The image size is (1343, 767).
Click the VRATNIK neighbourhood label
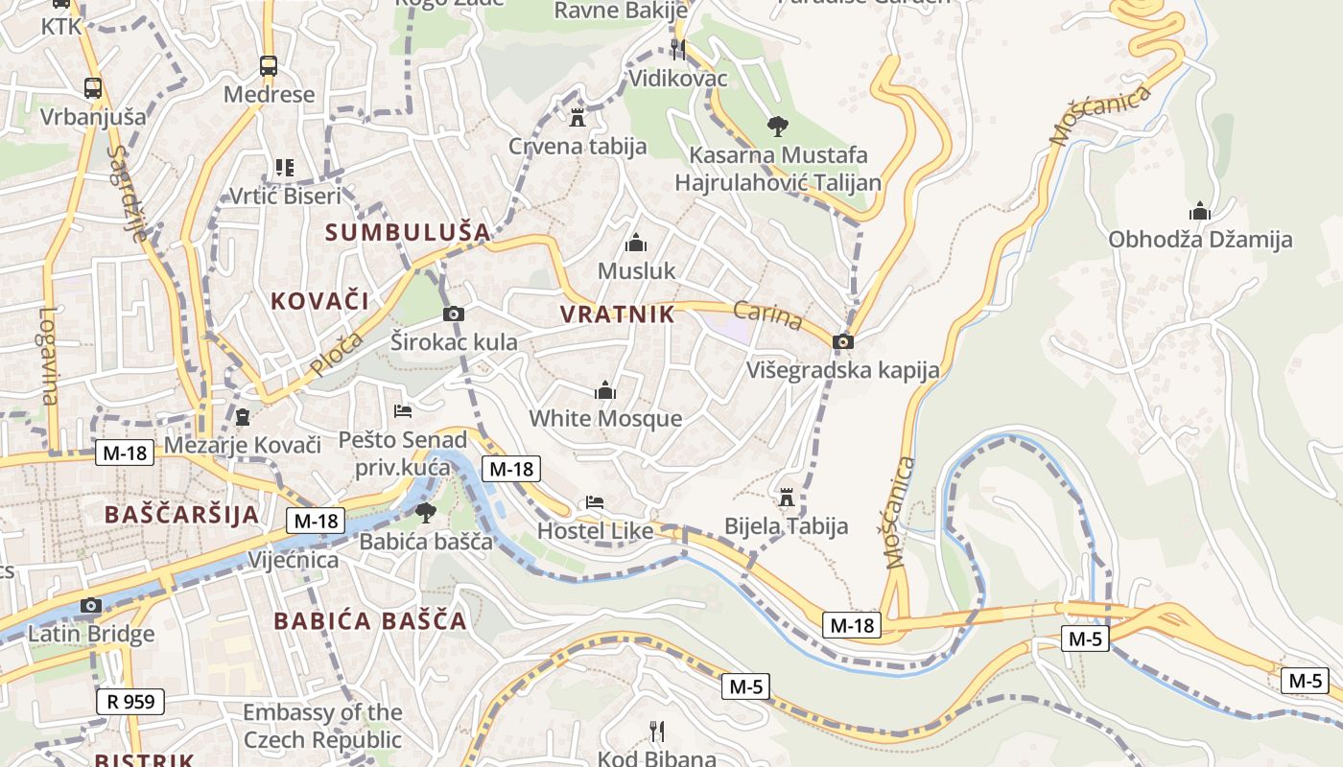tap(617, 314)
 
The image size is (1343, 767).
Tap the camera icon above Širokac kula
tap(454, 314)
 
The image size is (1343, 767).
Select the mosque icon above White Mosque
tap(605, 390)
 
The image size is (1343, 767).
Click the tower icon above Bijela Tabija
tap(787, 497)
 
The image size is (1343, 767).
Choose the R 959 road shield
tap(130, 702)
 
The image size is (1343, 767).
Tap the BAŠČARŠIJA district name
tap(181, 514)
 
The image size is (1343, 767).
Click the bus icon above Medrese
tap(269, 66)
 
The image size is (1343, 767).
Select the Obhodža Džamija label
tap(1200, 240)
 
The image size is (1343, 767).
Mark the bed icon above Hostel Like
tap(595, 502)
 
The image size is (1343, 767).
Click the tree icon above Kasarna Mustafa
tap(777, 125)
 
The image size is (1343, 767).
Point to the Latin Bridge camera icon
tap(91, 605)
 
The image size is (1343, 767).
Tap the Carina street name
tap(767, 315)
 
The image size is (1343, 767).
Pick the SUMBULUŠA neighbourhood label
tap(408, 232)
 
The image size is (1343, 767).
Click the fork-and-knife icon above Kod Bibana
tap(657, 732)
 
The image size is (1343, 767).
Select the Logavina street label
tap(48, 355)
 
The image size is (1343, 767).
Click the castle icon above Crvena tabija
tap(577, 118)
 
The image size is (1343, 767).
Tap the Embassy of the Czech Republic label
tap(322, 726)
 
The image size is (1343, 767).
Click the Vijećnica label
tap(294, 560)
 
